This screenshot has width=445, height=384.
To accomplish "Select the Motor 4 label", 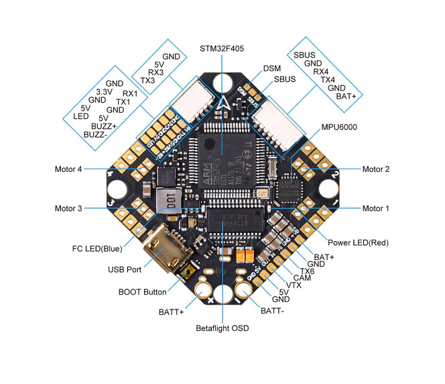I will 68,169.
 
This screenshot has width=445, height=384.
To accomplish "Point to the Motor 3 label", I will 68,209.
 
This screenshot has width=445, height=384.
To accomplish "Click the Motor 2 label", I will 375,169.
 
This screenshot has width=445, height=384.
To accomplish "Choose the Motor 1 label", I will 375,209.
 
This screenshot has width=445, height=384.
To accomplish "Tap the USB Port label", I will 124,270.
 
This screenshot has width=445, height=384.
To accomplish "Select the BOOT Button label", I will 142,292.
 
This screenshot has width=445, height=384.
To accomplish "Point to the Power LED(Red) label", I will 358,242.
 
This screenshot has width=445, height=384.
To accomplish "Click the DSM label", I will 272,68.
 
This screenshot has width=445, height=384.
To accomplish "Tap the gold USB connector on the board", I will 172,252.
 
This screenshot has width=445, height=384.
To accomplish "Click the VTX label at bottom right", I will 294,285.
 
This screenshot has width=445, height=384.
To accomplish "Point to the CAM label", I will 302,277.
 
